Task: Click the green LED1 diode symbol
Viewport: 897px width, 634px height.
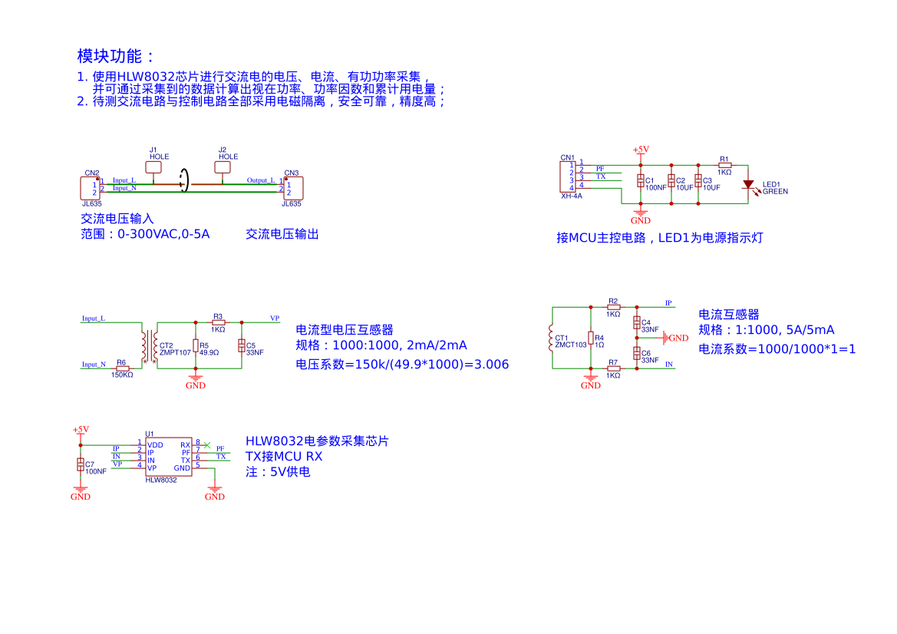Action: (x=748, y=184)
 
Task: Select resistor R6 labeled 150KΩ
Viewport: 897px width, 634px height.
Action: (x=122, y=368)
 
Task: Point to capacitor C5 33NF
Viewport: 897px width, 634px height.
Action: (x=242, y=346)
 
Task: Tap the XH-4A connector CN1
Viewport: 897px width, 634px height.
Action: (x=568, y=177)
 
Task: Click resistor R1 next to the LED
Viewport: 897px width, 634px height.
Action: (x=724, y=165)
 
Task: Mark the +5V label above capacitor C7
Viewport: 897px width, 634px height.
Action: (x=81, y=430)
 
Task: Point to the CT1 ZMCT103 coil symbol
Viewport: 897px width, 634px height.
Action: (x=552, y=338)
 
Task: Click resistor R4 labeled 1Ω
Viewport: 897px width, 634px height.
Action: (x=591, y=338)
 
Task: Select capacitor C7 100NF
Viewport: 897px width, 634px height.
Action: (x=81, y=465)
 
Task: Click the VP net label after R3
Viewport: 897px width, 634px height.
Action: (x=275, y=318)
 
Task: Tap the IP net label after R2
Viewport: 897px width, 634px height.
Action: (x=668, y=303)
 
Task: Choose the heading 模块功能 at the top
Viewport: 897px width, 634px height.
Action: (x=116, y=56)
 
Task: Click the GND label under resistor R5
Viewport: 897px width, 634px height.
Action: (x=196, y=385)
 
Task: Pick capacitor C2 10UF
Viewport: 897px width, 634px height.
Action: (x=671, y=182)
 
